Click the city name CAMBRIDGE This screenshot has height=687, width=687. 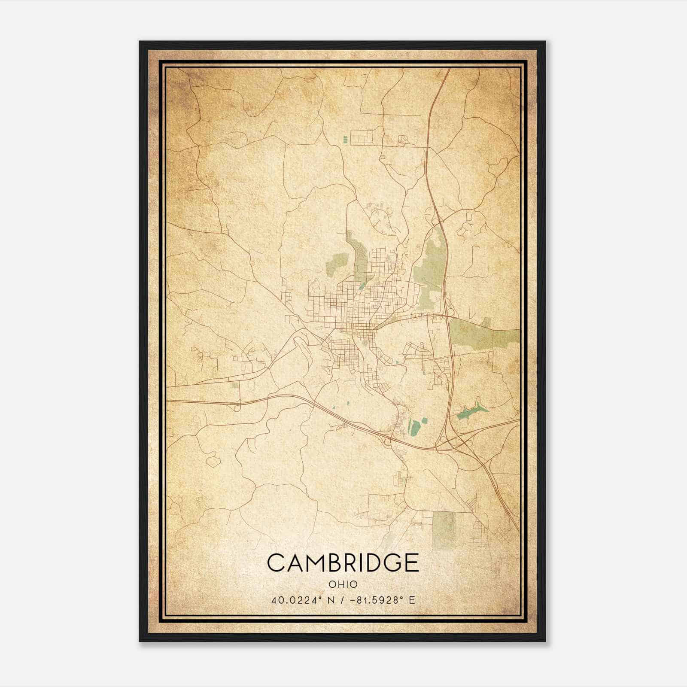pos(343,562)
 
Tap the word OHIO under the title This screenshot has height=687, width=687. pos(343,584)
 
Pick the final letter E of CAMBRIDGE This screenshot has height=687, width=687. pos(411,562)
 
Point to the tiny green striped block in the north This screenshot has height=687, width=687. pos(346,139)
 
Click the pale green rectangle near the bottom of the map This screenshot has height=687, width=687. pos(443,530)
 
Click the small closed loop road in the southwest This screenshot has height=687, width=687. pos(213,461)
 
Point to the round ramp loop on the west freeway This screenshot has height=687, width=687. pos(237,408)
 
